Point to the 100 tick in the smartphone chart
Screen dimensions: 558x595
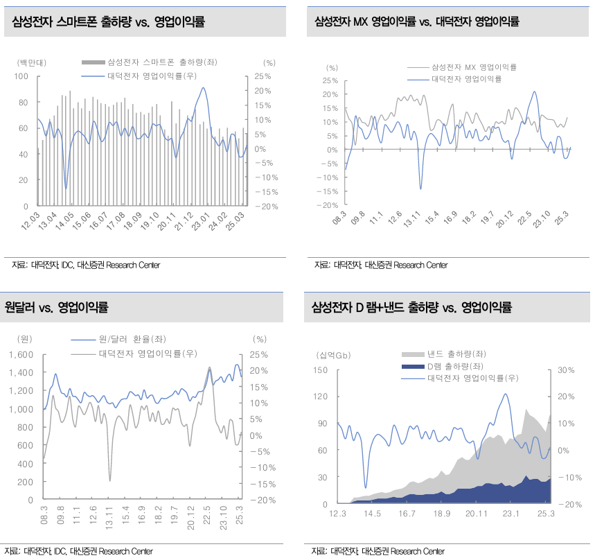[21, 76]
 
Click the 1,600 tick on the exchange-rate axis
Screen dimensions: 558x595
[21, 354]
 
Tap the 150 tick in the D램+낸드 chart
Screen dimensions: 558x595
[319, 369]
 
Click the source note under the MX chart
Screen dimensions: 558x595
[381, 265]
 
